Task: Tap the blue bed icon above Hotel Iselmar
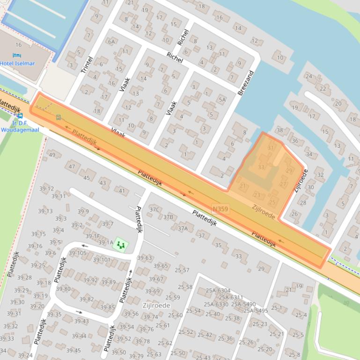(x=17, y=56)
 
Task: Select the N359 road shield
(x=220, y=209)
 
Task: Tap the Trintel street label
(x=87, y=65)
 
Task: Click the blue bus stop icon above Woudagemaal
(x=20, y=116)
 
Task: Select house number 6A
(x=111, y=42)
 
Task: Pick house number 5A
(x=222, y=100)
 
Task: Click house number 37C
(x=154, y=209)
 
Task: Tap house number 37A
(x=183, y=228)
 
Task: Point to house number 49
(x=52, y=155)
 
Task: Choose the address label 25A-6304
(x=218, y=290)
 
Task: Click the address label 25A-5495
(x=256, y=310)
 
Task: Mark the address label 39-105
(x=78, y=253)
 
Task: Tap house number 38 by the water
(x=279, y=130)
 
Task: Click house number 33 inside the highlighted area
(x=261, y=167)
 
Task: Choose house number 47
(x=72, y=166)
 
